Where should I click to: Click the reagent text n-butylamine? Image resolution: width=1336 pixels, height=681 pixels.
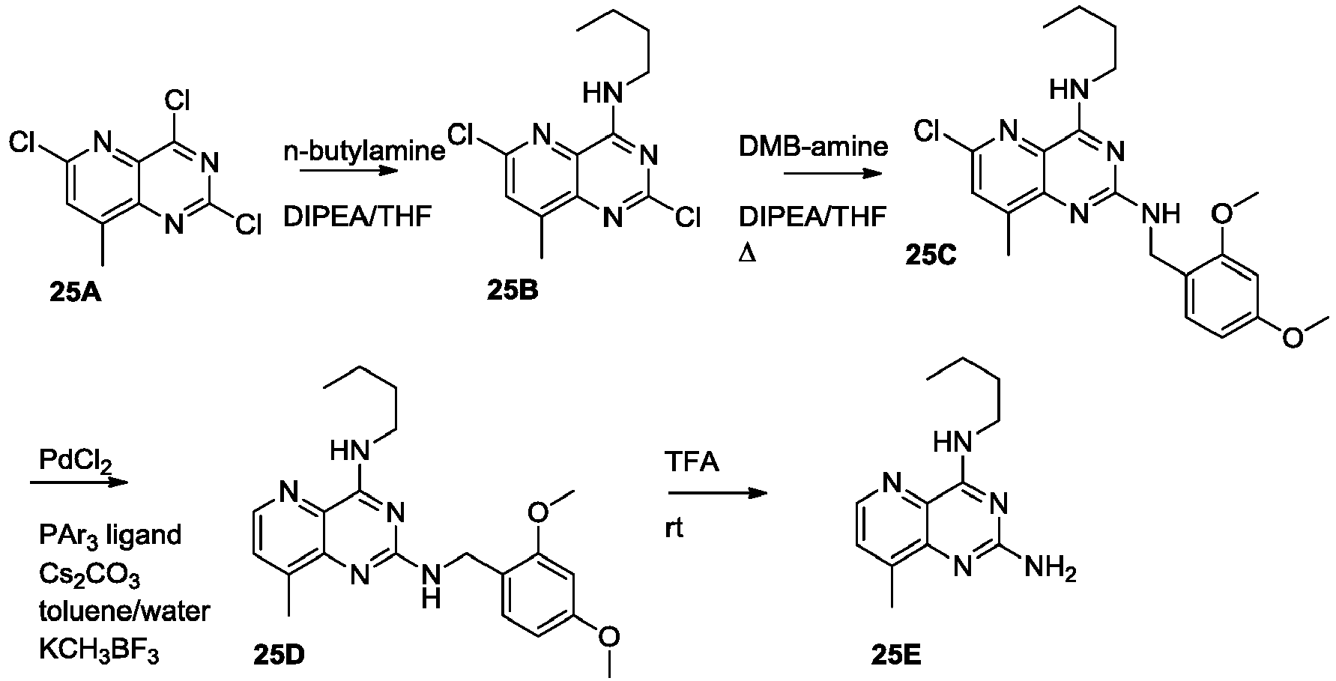point(364,152)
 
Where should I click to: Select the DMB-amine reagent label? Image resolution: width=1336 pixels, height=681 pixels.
point(813,146)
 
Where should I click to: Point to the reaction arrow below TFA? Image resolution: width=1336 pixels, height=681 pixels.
point(718,494)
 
